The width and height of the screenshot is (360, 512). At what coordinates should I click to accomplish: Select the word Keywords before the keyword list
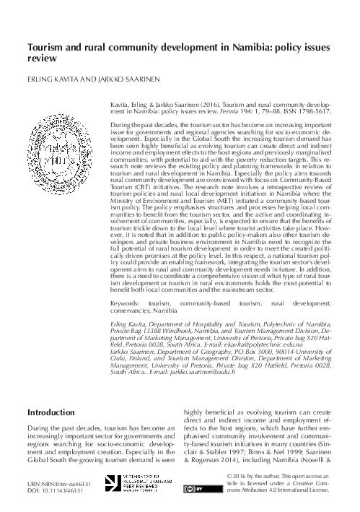[x=128, y=305]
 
